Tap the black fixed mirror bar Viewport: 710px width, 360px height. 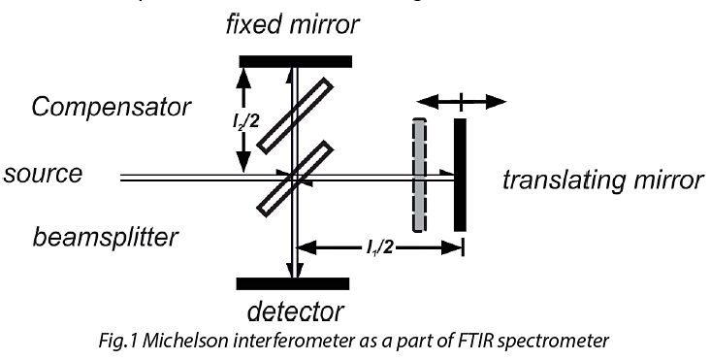pyautogui.click(x=296, y=61)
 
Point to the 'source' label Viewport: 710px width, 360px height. pyautogui.click(x=43, y=175)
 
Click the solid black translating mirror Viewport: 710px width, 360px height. pyautogui.click(x=460, y=175)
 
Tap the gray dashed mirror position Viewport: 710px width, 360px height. pyautogui.click(x=419, y=175)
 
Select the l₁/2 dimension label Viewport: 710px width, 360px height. pyautogui.click(x=373, y=235)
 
